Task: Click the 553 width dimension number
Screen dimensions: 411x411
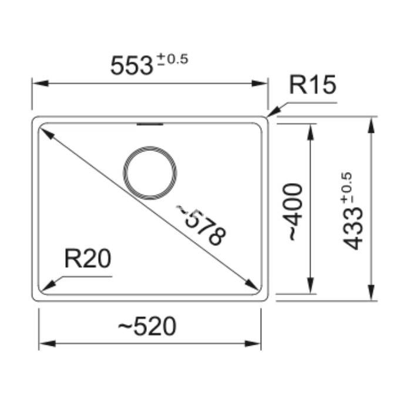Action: tap(132, 66)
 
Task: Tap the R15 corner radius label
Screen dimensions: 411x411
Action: tap(312, 85)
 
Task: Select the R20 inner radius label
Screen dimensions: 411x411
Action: tap(88, 259)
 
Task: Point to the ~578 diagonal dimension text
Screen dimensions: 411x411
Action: tap(201, 225)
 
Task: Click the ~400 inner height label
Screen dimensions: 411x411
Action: tap(293, 212)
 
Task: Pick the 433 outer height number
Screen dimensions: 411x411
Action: tap(353, 228)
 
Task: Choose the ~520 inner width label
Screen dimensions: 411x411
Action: tap(147, 326)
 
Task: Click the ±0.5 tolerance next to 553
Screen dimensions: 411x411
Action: tap(172, 59)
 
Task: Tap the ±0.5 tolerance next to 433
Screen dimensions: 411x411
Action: tap(346, 188)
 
